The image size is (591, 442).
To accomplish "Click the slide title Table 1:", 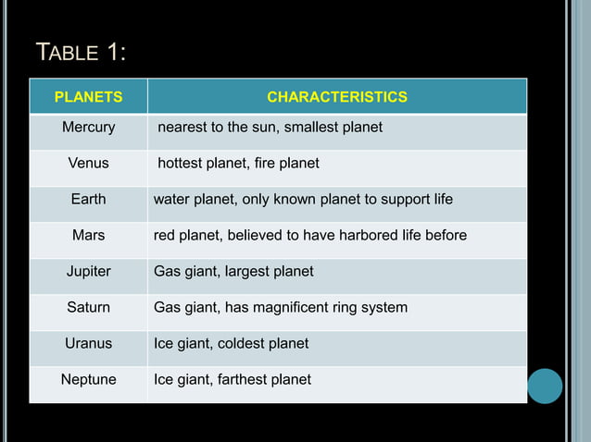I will (x=80, y=53).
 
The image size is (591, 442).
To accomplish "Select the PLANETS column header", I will (x=88, y=97).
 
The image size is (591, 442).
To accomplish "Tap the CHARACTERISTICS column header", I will (x=336, y=97).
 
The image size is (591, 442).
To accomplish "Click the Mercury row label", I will (x=88, y=127).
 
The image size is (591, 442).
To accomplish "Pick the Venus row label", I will (x=88, y=163).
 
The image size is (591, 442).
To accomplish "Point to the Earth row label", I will (x=88, y=199).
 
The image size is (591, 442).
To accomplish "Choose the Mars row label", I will (x=88, y=235).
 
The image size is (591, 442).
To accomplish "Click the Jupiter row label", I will (x=88, y=271).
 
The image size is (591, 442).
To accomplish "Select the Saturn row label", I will (x=88, y=307).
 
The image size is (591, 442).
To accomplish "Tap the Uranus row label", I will (x=88, y=343).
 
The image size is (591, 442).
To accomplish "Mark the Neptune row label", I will (x=88, y=379).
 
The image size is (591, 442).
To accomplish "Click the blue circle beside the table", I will (x=545, y=386).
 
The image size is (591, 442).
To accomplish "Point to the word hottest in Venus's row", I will (x=181, y=163).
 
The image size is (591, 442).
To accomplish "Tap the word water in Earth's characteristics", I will (x=171, y=199).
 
